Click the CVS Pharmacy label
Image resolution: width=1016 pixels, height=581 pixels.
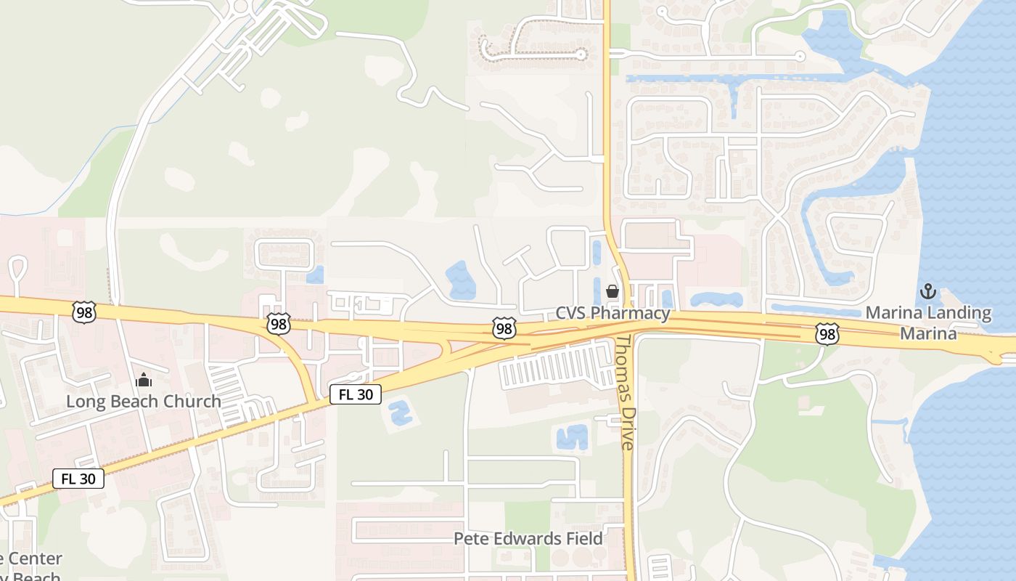613,313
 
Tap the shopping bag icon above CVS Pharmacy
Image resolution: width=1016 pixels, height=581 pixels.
613,292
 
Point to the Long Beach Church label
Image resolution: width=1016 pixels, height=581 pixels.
144,401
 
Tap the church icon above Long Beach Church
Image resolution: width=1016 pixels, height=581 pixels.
144,380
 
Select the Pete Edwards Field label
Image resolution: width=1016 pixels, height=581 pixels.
528,538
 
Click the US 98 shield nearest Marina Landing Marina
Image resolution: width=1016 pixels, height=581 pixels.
827,333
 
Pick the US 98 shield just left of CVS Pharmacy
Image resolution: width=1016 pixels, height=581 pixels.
504,328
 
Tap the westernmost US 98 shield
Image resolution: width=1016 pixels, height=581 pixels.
84,312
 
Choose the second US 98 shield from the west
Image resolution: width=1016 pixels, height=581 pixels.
278,324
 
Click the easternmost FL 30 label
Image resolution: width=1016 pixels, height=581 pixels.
356,394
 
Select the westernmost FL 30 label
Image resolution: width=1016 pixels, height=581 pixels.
78,479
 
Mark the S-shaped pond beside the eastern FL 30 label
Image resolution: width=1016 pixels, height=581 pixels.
400,413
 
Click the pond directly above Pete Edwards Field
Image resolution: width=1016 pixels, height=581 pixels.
571,437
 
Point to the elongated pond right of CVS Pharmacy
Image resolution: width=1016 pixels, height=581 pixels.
716,299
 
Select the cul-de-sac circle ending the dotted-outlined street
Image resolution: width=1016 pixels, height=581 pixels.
581,53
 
